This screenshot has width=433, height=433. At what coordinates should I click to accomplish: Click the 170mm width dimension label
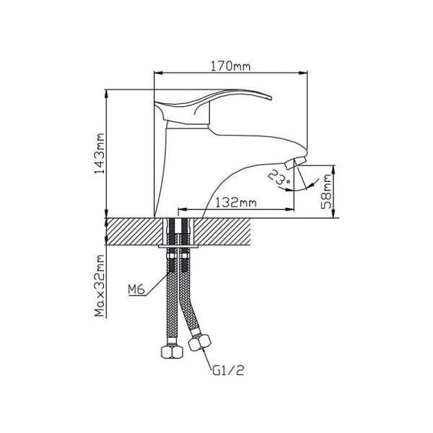(x=231, y=66)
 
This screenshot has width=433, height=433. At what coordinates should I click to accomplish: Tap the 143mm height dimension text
(x=100, y=154)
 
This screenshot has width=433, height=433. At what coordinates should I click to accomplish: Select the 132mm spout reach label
(x=236, y=203)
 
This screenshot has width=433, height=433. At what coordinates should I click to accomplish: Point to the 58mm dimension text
(x=327, y=191)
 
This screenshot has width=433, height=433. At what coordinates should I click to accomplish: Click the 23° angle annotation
(x=279, y=178)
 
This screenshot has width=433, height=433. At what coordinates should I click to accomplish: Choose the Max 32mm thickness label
(x=100, y=286)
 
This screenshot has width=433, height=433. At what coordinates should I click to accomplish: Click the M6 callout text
(x=136, y=289)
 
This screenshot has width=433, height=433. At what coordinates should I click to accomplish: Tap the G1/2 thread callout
(x=229, y=370)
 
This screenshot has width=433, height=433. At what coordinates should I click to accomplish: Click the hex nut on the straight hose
(x=172, y=351)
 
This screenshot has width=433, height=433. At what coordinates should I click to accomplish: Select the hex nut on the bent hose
(x=200, y=342)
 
